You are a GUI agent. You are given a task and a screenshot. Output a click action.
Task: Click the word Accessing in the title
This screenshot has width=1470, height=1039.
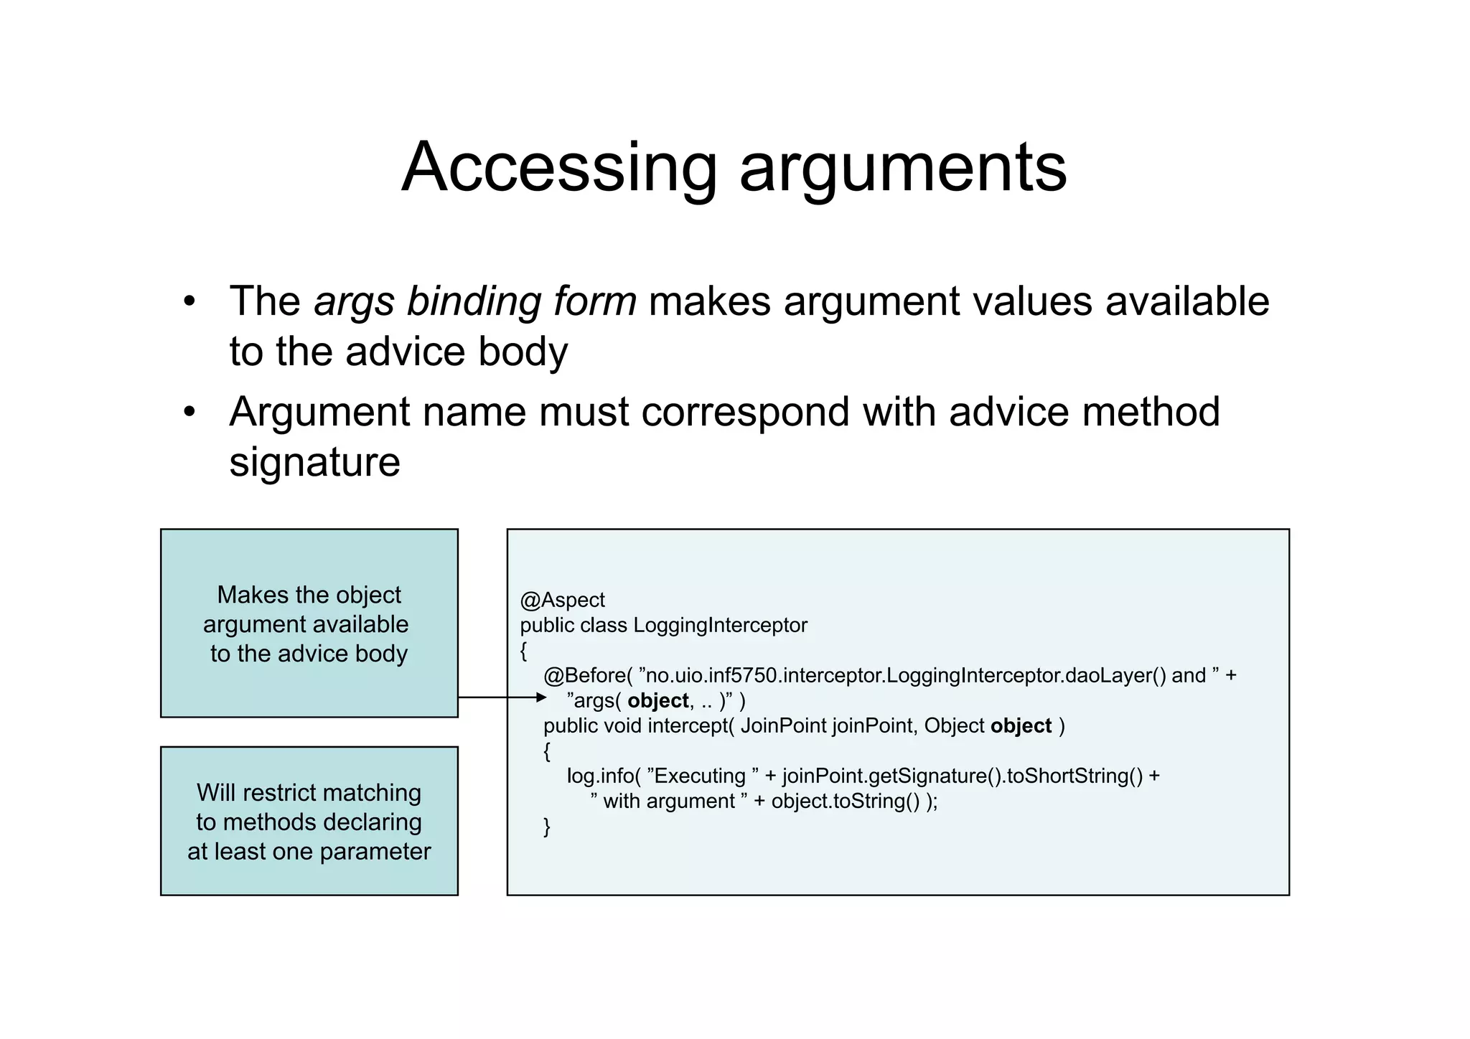point(559,168)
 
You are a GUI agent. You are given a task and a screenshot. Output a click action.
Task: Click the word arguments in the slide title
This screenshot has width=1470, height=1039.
point(903,168)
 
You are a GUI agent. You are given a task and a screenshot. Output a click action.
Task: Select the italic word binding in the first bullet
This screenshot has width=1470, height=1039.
point(469,301)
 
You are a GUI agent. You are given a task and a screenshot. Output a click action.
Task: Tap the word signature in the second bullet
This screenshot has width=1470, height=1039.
point(314,462)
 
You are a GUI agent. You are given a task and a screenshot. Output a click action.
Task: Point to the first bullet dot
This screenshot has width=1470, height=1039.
point(189,301)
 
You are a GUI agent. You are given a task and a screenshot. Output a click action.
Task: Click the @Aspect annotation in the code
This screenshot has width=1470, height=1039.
point(562,600)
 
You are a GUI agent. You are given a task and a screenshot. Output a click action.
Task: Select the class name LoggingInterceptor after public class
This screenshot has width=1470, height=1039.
point(720,625)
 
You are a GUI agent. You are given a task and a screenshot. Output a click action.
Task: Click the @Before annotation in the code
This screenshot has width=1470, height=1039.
point(584,675)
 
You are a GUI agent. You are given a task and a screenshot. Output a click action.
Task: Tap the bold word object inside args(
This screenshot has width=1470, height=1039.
point(657,700)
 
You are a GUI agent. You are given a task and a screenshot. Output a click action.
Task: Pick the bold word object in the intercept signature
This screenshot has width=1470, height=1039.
point(1021,725)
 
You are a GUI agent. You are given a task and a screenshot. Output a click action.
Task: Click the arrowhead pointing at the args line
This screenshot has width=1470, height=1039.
point(541,697)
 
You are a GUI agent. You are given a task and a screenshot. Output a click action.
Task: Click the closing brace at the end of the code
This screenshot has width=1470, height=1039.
point(547,827)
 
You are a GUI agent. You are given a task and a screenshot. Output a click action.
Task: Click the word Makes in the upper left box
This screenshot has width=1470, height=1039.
point(245,595)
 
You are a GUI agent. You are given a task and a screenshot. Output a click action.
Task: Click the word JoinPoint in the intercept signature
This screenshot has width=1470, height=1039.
point(783,725)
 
